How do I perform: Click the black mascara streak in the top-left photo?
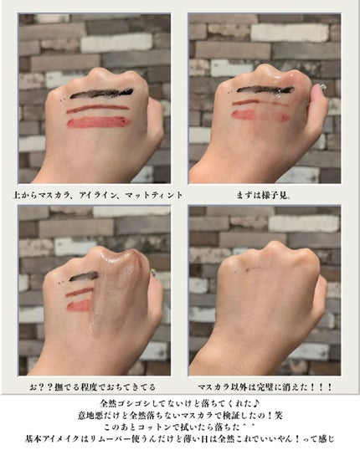[101, 94]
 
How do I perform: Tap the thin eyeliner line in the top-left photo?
[97, 109]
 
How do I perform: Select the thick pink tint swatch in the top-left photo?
[99, 122]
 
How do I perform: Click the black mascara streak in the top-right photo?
[265, 90]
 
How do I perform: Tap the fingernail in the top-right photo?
[322, 87]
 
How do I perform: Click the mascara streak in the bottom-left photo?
[84, 276]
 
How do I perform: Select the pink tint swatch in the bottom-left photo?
[79, 306]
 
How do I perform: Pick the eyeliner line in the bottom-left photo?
[80, 292]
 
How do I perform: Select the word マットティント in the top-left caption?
[154, 195]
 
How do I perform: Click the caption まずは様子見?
[263, 196]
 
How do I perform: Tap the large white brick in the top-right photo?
[290, 33]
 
